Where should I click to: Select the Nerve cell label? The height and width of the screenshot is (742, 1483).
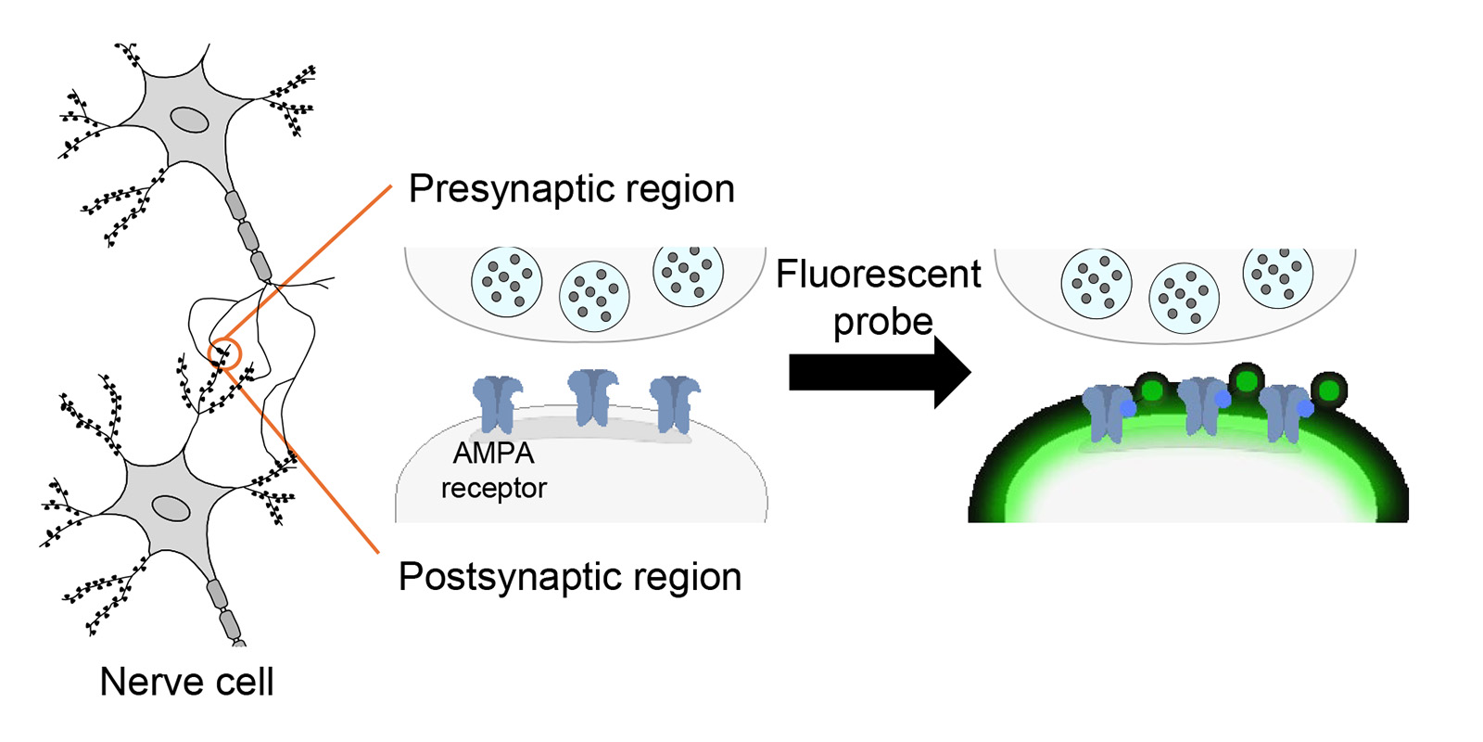click(186, 682)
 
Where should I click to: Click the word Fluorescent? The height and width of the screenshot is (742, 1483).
click(878, 275)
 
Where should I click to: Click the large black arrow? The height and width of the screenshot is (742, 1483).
click(880, 372)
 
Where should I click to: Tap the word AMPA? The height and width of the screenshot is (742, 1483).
click(494, 454)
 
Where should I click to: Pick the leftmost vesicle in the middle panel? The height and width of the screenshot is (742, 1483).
click(506, 282)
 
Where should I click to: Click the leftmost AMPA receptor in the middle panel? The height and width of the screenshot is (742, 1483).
click(497, 404)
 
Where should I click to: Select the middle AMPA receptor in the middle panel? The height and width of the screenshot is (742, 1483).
click(592, 398)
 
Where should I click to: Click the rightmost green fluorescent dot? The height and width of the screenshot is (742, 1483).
click(1329, 390)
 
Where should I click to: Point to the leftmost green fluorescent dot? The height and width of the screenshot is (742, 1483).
click(1153, 390)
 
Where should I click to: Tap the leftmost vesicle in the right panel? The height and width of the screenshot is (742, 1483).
click(1096, 284)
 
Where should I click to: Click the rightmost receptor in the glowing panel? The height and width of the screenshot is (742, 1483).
click(1286, 414)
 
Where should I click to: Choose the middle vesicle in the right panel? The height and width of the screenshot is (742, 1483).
click(1184, 298)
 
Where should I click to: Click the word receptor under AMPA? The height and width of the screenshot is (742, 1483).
click(494, 488)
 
